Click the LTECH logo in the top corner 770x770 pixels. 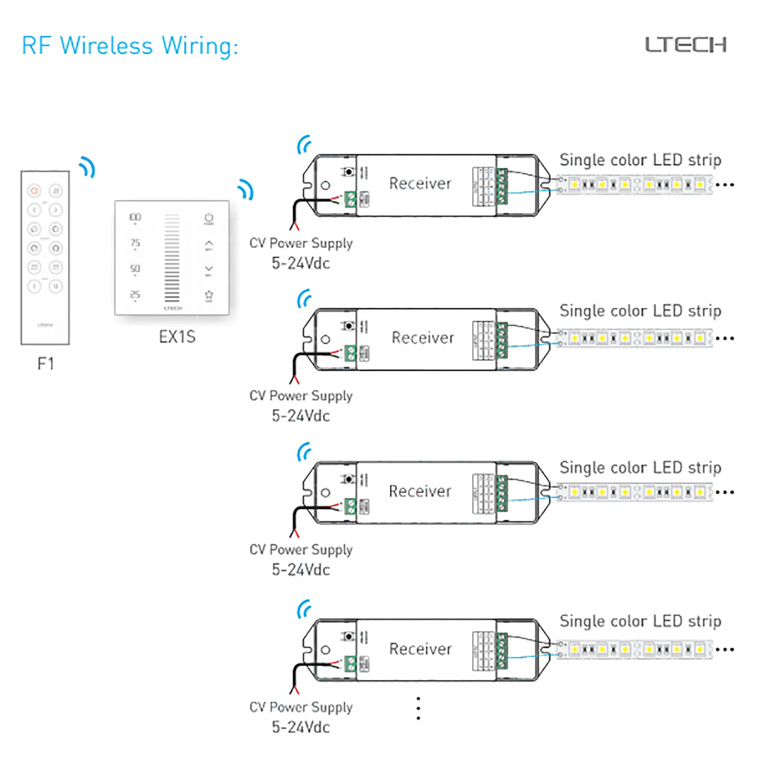tap(686, 45)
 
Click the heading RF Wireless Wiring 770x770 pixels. tap(130, 46)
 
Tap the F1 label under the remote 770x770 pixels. tap(45, 363)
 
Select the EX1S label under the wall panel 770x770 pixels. tap(177, 337)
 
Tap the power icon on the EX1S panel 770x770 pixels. tap(209, 218)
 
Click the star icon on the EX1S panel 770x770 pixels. tap(209, 295)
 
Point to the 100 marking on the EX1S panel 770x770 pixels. tap(135, 217)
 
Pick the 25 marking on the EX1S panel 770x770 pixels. tap(135, 295)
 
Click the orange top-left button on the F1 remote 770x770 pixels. tap(34, 191)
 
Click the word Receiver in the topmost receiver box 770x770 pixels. tap(420, 184)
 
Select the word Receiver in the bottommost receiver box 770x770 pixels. tap(420, 649)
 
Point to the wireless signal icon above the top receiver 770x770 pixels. tap(304, 145)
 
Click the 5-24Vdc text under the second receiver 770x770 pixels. tap(301, 416)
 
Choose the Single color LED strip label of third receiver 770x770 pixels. tap(640, 467)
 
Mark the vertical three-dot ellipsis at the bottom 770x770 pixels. tap(418, 708)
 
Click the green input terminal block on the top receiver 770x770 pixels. tap(350, 199)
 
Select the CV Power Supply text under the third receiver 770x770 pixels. tap(301, 550)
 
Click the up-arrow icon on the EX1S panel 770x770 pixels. tap(209, 244)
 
